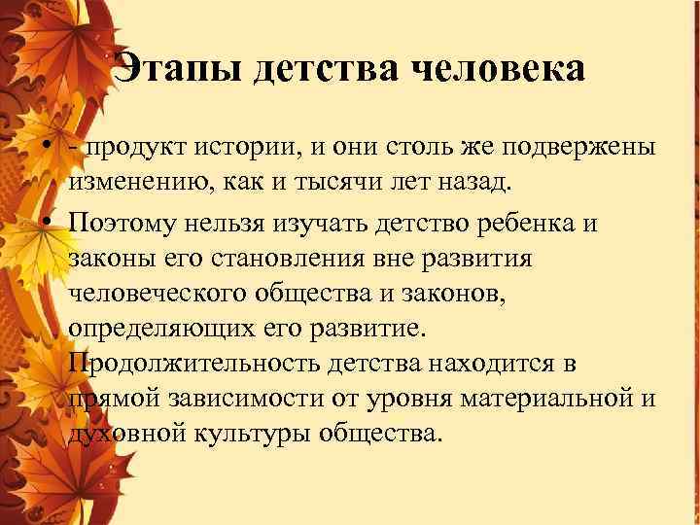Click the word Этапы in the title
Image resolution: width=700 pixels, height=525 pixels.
click(179, 69)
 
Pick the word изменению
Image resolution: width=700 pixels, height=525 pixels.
click(140, 181)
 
